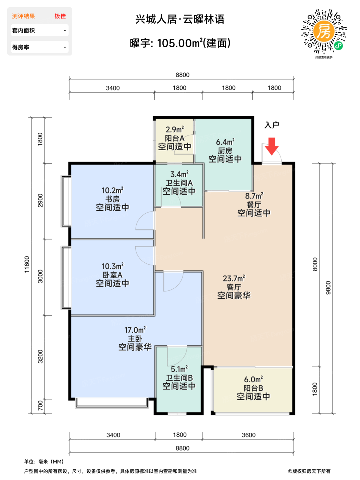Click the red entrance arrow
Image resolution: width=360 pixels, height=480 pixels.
click(x=272, y=146)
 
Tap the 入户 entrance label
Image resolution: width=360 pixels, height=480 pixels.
click(x=272, y=125)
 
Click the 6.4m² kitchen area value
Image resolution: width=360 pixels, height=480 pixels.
click(x=225, y=142)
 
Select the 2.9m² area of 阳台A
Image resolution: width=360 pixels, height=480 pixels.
click(x=174, y=130)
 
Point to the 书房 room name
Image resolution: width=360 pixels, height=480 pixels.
click(x=112, y=199)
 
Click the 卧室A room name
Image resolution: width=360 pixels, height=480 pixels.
click(x=112, y=275)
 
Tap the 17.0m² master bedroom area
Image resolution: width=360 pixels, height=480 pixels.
click(x=135, y=330)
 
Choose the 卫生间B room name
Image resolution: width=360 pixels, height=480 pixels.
click(x=179, y=378)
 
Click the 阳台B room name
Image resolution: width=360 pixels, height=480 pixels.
click(x=253, y=388)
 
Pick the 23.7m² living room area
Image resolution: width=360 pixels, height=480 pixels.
click(x=234, y=278)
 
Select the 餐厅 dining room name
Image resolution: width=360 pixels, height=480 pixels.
click(x=254, y=204)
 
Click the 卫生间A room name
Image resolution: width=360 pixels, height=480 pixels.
click(x=179, y=183)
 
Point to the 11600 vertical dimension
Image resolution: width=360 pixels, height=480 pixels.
click(x=27, y=264)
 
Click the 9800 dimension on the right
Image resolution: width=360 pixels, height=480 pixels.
click(x=328, y=288)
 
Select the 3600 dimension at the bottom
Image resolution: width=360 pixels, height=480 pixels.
click(x=249, y=435)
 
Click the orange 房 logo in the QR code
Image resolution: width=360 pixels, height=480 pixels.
click(x=324, y=31)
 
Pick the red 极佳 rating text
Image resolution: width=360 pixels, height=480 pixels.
click(x=60, y=16)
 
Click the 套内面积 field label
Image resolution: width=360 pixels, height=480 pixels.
click(x=23, y=31)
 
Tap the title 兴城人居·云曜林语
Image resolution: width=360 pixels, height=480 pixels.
click(x=180, y=19)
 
